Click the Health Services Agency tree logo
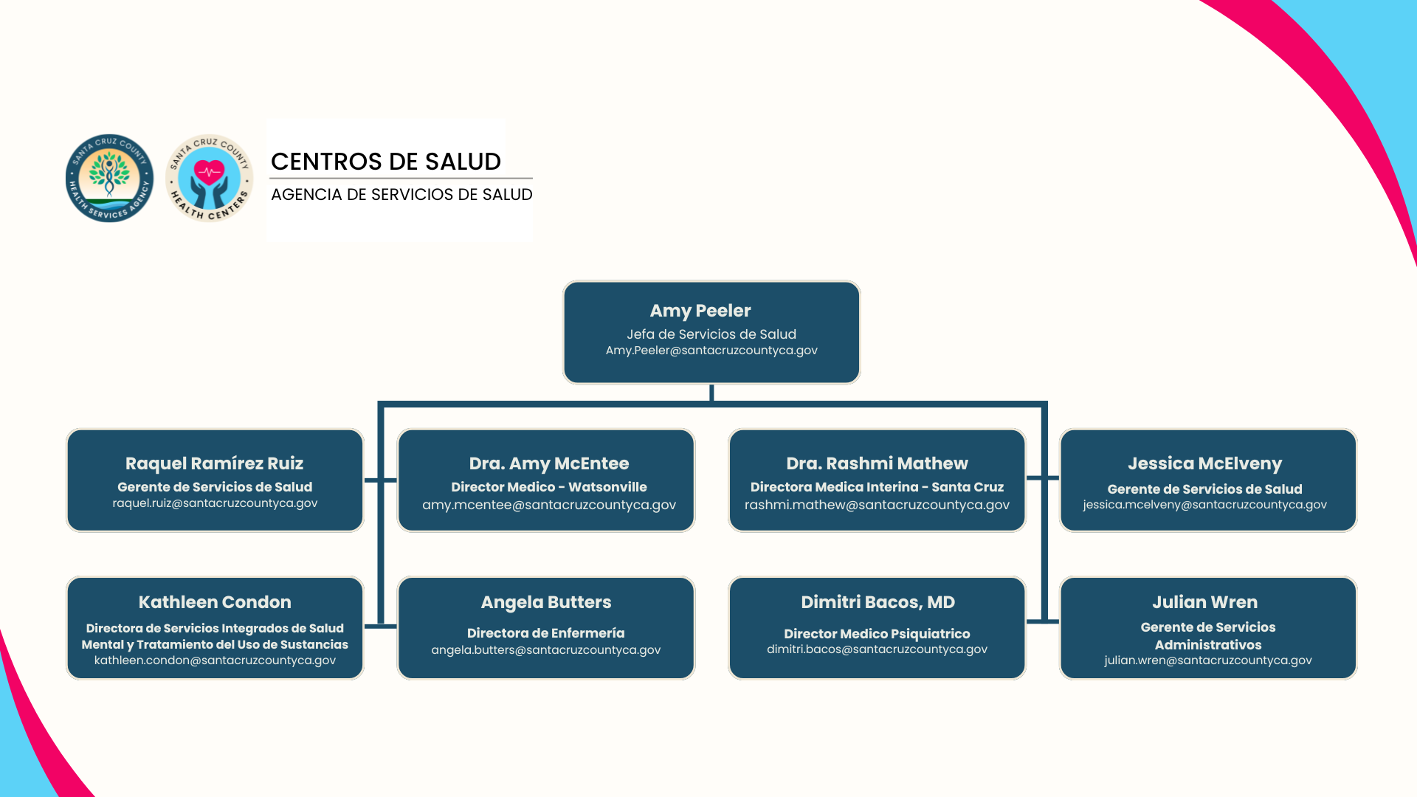(109, 178)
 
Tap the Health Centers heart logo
(210, 178)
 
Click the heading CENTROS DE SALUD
(385, 162)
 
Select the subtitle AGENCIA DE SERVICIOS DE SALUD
(401, 195)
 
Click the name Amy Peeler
(700, 311)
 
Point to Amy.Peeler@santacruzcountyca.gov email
(711, 351)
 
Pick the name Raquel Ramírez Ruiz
(214, 463)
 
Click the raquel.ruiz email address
(215, 503)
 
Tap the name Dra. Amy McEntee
(549, 463)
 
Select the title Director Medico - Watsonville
(549, 487)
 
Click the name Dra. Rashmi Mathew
(877, 463)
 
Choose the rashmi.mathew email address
(877, 505)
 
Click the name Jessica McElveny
(1204, 463)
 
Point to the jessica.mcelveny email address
(1204, 505)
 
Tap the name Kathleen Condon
(215, 602)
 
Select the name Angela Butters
(546, 602)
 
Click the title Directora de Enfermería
(546, 633)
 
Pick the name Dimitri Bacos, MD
(878, 602)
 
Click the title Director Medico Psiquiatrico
(877, 634)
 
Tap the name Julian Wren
(1204, 602)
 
